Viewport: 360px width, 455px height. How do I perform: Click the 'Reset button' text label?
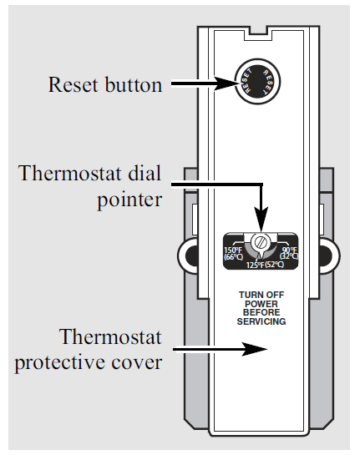(x=105, y=84)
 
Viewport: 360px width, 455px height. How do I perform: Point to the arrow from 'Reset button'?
(x=200, y=83)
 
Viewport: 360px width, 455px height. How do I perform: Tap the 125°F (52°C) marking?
(x=261, y=265)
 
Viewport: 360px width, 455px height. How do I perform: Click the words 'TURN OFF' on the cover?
(x=261, y=296)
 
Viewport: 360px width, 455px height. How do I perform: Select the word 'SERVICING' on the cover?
(x=261, y=321)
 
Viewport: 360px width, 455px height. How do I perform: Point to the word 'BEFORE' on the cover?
(x=261, y=313)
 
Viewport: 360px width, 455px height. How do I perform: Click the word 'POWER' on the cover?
(x=261, y=305)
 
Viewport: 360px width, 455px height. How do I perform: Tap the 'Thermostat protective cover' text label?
(x=109, y=351)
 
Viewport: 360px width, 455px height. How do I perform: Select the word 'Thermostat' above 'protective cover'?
(x=109, y=338)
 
